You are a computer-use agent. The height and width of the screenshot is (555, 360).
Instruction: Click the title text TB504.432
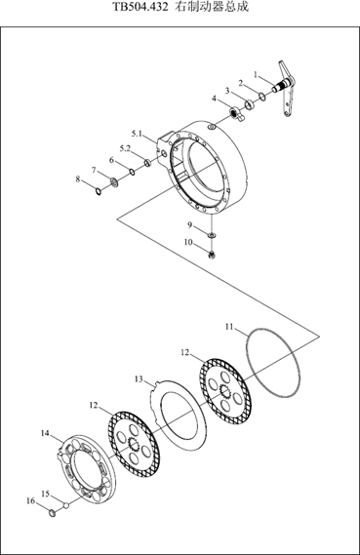tap(140, 7)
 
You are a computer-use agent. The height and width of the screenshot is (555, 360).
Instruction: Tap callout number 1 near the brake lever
tap(256, 74)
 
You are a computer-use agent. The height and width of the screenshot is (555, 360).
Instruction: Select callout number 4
tap(214, 99)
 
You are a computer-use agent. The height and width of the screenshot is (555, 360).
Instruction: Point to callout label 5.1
tap(137, 134)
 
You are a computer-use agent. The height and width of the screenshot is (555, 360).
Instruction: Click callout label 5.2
tap(125, 148)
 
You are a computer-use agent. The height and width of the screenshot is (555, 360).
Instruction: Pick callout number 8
tap(78, 179)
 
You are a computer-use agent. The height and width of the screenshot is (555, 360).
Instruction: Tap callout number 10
tap(188, 242)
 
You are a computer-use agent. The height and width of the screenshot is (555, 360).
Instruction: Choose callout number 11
tap(229, 327)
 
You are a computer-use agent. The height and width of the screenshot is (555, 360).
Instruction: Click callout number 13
tap(139, 379)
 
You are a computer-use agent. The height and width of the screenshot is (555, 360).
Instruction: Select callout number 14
tap(45, 433)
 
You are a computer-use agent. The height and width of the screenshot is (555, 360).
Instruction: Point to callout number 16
tap(31, 500)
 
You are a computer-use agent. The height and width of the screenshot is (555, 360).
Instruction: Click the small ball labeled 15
tap(65, 506)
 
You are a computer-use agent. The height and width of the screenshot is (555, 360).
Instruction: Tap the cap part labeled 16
tap(52, 512)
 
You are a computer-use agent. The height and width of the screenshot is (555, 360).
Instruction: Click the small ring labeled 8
tap(99, 191)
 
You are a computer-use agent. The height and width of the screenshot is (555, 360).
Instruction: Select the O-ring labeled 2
tap(262, 97)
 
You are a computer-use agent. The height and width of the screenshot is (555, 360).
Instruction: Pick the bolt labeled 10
tap(212, 255)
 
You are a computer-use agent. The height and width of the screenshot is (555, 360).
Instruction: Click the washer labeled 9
tap(212, 235)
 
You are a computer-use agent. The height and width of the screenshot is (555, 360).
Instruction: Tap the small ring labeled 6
tap(132, 172)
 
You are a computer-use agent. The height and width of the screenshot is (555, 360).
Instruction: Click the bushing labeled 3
tap(251, 104)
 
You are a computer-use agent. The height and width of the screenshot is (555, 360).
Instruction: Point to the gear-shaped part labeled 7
tap(114, 182)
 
